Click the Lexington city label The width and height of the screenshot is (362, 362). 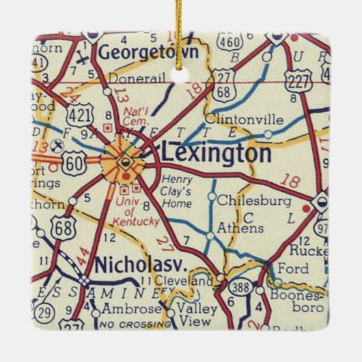click(216, 153)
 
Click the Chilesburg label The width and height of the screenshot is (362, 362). click(253, 201)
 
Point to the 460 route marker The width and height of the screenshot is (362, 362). click(231, 41)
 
